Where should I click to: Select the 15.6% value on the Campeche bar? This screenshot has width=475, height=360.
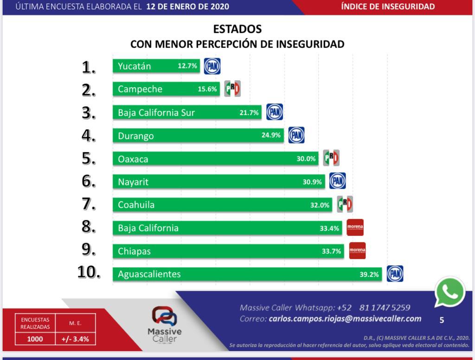click(207, 89)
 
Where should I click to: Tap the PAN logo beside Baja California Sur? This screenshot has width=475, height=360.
click(275, 112)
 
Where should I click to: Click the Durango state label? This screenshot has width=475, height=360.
click(135, 136)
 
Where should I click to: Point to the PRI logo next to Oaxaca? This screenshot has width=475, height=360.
click(331, 158)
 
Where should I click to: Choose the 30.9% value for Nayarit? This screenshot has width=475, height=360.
click(312, 182)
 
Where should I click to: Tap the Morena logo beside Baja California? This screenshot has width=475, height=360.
click(355, 227)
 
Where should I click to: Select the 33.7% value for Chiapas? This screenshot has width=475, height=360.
click(331, 251)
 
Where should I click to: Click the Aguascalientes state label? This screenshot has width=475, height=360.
click(149, 274)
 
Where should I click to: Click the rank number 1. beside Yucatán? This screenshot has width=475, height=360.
click(89, 68)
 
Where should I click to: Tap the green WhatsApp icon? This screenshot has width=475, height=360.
click(449, 292)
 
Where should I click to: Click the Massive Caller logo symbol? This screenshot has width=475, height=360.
click(164, 316)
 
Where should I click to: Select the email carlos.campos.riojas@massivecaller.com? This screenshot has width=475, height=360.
click(345, 319)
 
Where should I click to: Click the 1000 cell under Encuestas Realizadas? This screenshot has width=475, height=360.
click(35, 339)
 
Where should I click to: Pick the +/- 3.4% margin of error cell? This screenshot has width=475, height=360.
click(75, 339)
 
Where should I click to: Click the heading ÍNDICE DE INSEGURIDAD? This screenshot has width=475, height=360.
click(388, 6)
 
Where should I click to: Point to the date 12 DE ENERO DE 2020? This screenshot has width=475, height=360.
click(187, 6)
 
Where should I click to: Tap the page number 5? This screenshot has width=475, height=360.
click(442, 320)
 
